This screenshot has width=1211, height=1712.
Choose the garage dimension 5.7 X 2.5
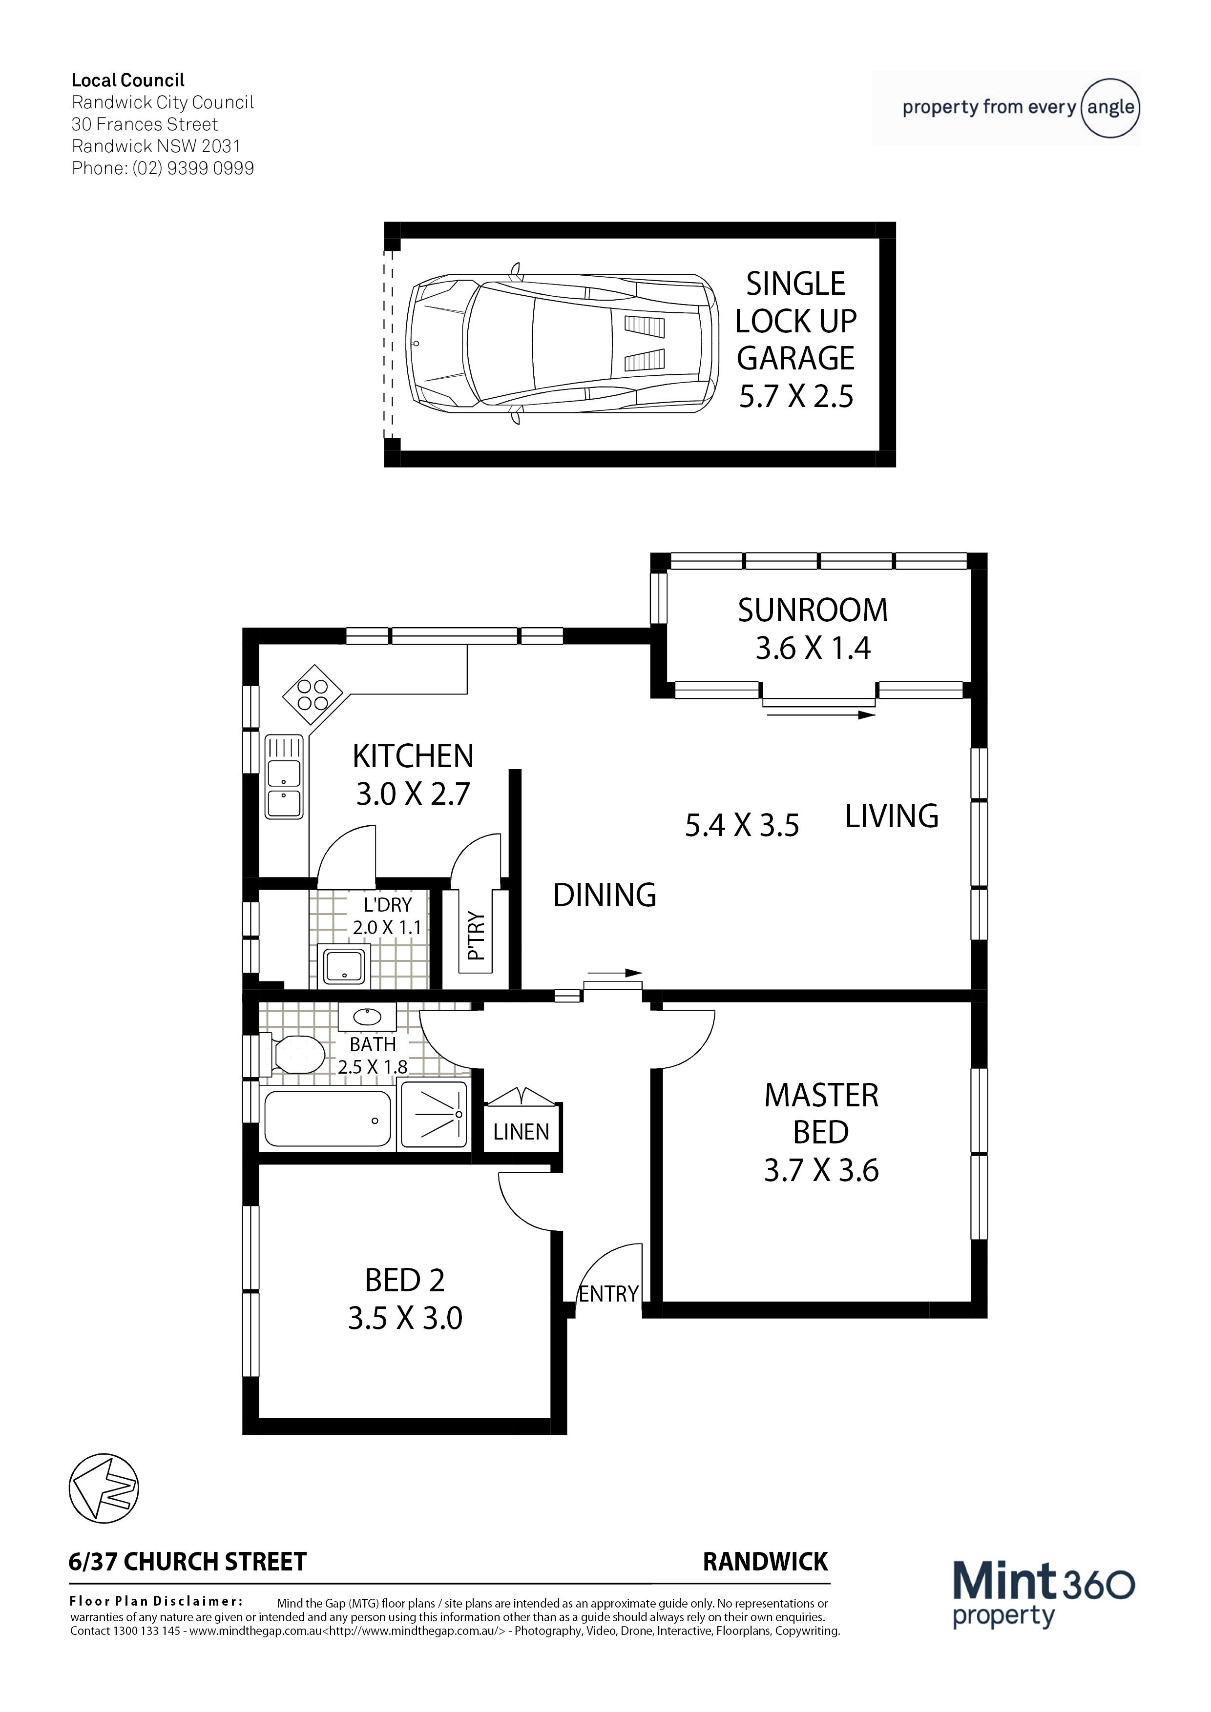(796, 396)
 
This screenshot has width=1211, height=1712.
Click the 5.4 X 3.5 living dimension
(742, 825)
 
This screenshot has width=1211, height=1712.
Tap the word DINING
(605, 895)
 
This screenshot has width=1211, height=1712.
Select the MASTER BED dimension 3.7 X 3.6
(821, 1170)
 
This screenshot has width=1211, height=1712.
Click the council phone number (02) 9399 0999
(193, 168)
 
